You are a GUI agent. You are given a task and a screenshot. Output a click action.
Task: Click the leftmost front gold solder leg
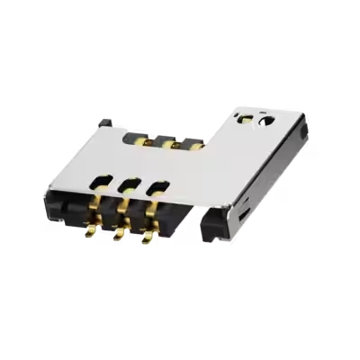pos(90,231)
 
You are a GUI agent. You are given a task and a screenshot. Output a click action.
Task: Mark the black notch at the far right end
pos(304,132)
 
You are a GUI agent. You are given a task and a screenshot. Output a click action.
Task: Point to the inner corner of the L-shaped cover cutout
pos(209,147)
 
